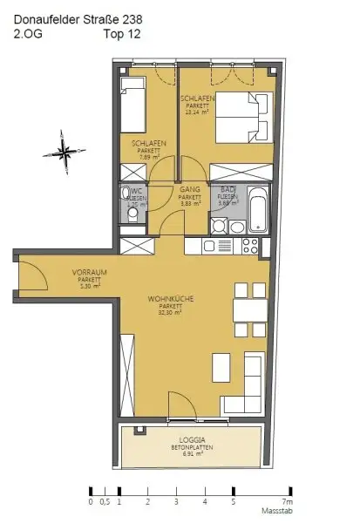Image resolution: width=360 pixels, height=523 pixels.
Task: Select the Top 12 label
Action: pyautogui.click(x=122, y=34)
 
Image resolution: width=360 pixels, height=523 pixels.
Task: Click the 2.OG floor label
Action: pyautogui.click(x=28, y=34)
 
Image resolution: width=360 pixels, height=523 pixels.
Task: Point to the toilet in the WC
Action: pyautogui.click(x=129, y=196)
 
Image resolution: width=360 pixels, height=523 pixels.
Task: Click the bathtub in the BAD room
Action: pyautogui.click(x=259, y=209)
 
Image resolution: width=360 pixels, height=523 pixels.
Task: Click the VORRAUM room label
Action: pyautogui.click(x=65, y=273)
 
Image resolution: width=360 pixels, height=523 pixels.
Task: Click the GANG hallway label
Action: pyautogui.click(x=190, y=189)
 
